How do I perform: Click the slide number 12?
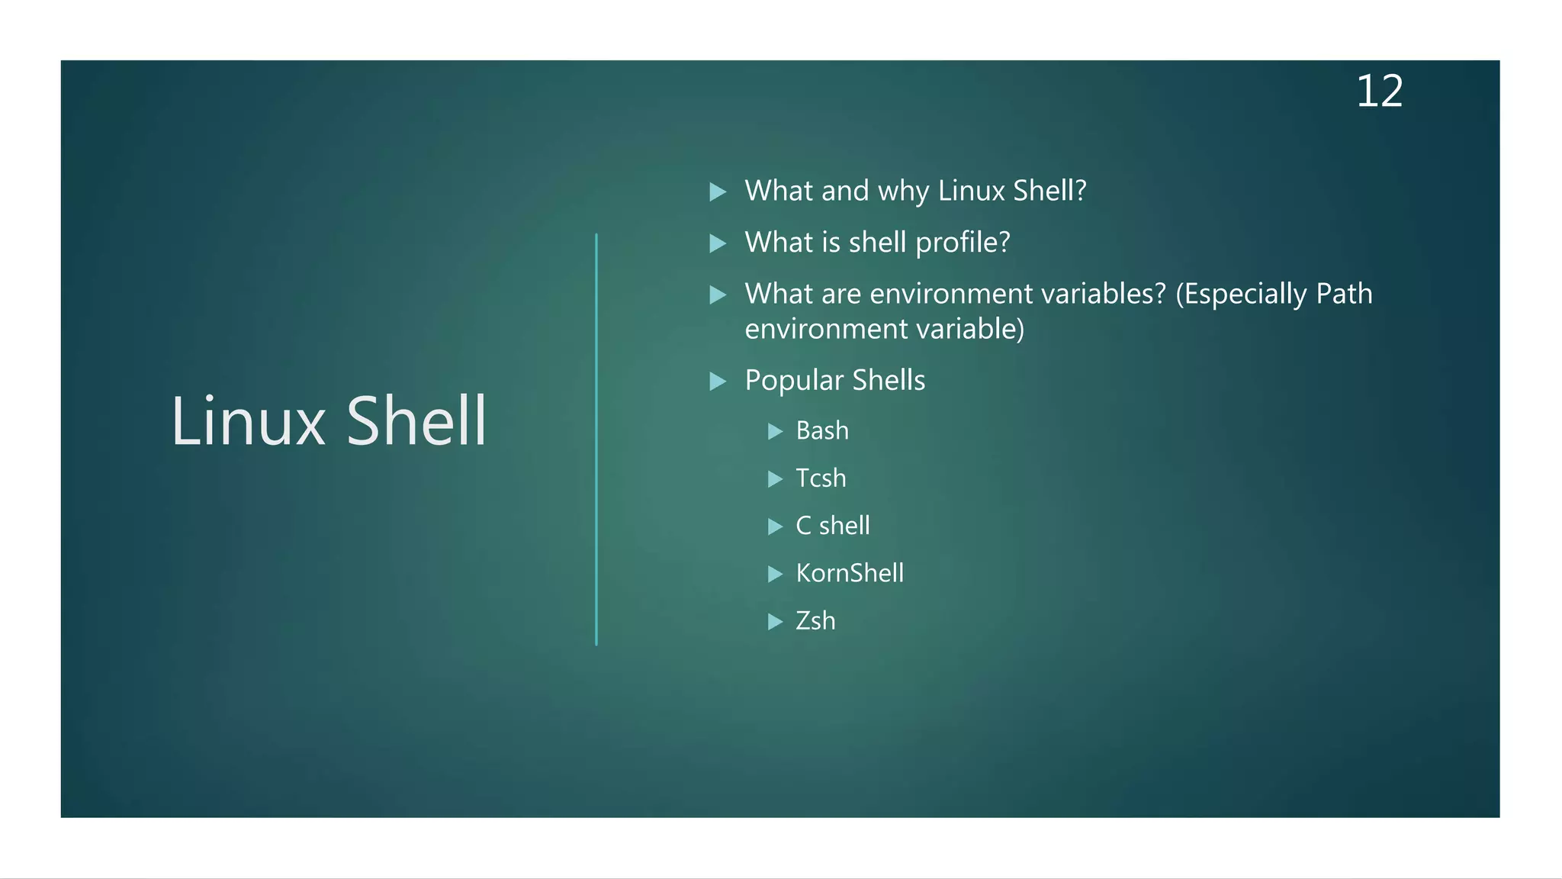point(1379,92)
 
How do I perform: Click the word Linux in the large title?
point(248,421)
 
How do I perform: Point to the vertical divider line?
point(596,439)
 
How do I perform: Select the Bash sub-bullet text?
point(821,431)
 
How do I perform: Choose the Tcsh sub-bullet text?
point(821,478)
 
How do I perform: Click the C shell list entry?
point(832,526)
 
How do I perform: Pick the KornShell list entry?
point(850,573)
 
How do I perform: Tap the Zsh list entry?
point(815,621)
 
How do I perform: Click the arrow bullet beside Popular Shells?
point(718,381)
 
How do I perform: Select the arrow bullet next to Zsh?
point(775,622)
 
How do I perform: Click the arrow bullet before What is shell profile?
point(718,243)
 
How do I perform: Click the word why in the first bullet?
point(903,191)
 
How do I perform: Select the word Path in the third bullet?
point(1344,294)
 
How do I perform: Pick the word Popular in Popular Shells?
point(794,380)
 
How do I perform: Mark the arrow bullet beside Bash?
point(775,432)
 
